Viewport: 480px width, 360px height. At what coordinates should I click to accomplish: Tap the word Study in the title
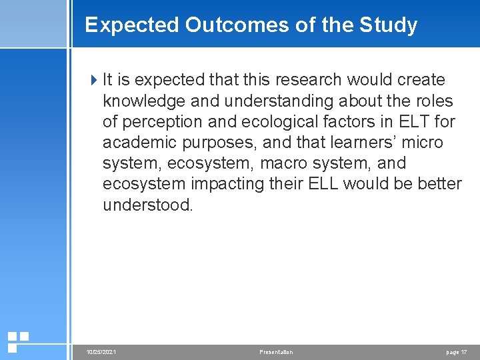click(388, 25)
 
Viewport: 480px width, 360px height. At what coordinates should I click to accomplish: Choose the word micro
click(424, 143)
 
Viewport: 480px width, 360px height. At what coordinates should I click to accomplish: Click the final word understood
click(147, 205)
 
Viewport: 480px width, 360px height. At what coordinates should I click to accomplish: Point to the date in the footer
click(101, 352)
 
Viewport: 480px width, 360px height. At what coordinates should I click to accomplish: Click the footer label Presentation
click(275, 352)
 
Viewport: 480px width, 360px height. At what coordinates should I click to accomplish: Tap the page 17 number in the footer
click(457, 352)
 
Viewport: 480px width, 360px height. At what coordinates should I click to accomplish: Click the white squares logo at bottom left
click(17, 341)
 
